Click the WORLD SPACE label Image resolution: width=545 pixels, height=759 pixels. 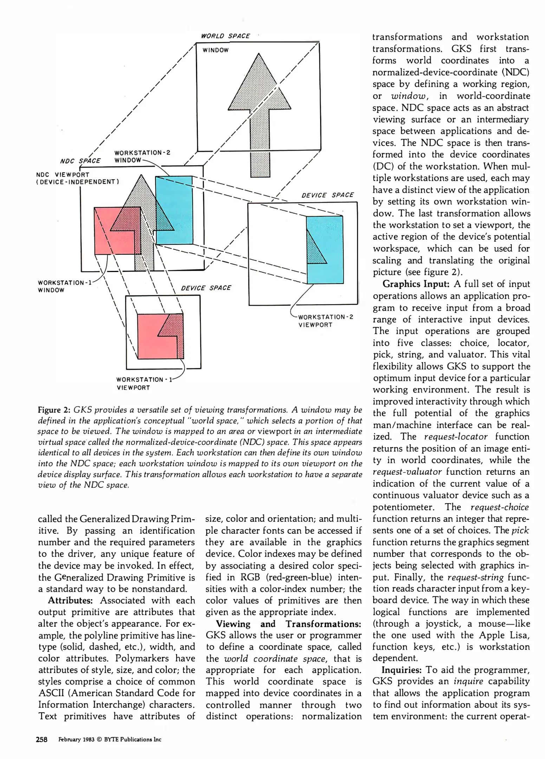[225, 36]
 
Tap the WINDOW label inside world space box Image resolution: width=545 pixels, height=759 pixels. [215, 50]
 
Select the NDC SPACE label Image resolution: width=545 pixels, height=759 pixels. [80, 161]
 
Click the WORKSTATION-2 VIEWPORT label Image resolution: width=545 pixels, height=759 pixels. [325, 320]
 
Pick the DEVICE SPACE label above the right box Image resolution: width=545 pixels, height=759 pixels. [327, 195]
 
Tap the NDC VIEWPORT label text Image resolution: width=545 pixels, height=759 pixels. [63, 175]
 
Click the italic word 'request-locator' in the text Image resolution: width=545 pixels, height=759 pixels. [456, 437]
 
